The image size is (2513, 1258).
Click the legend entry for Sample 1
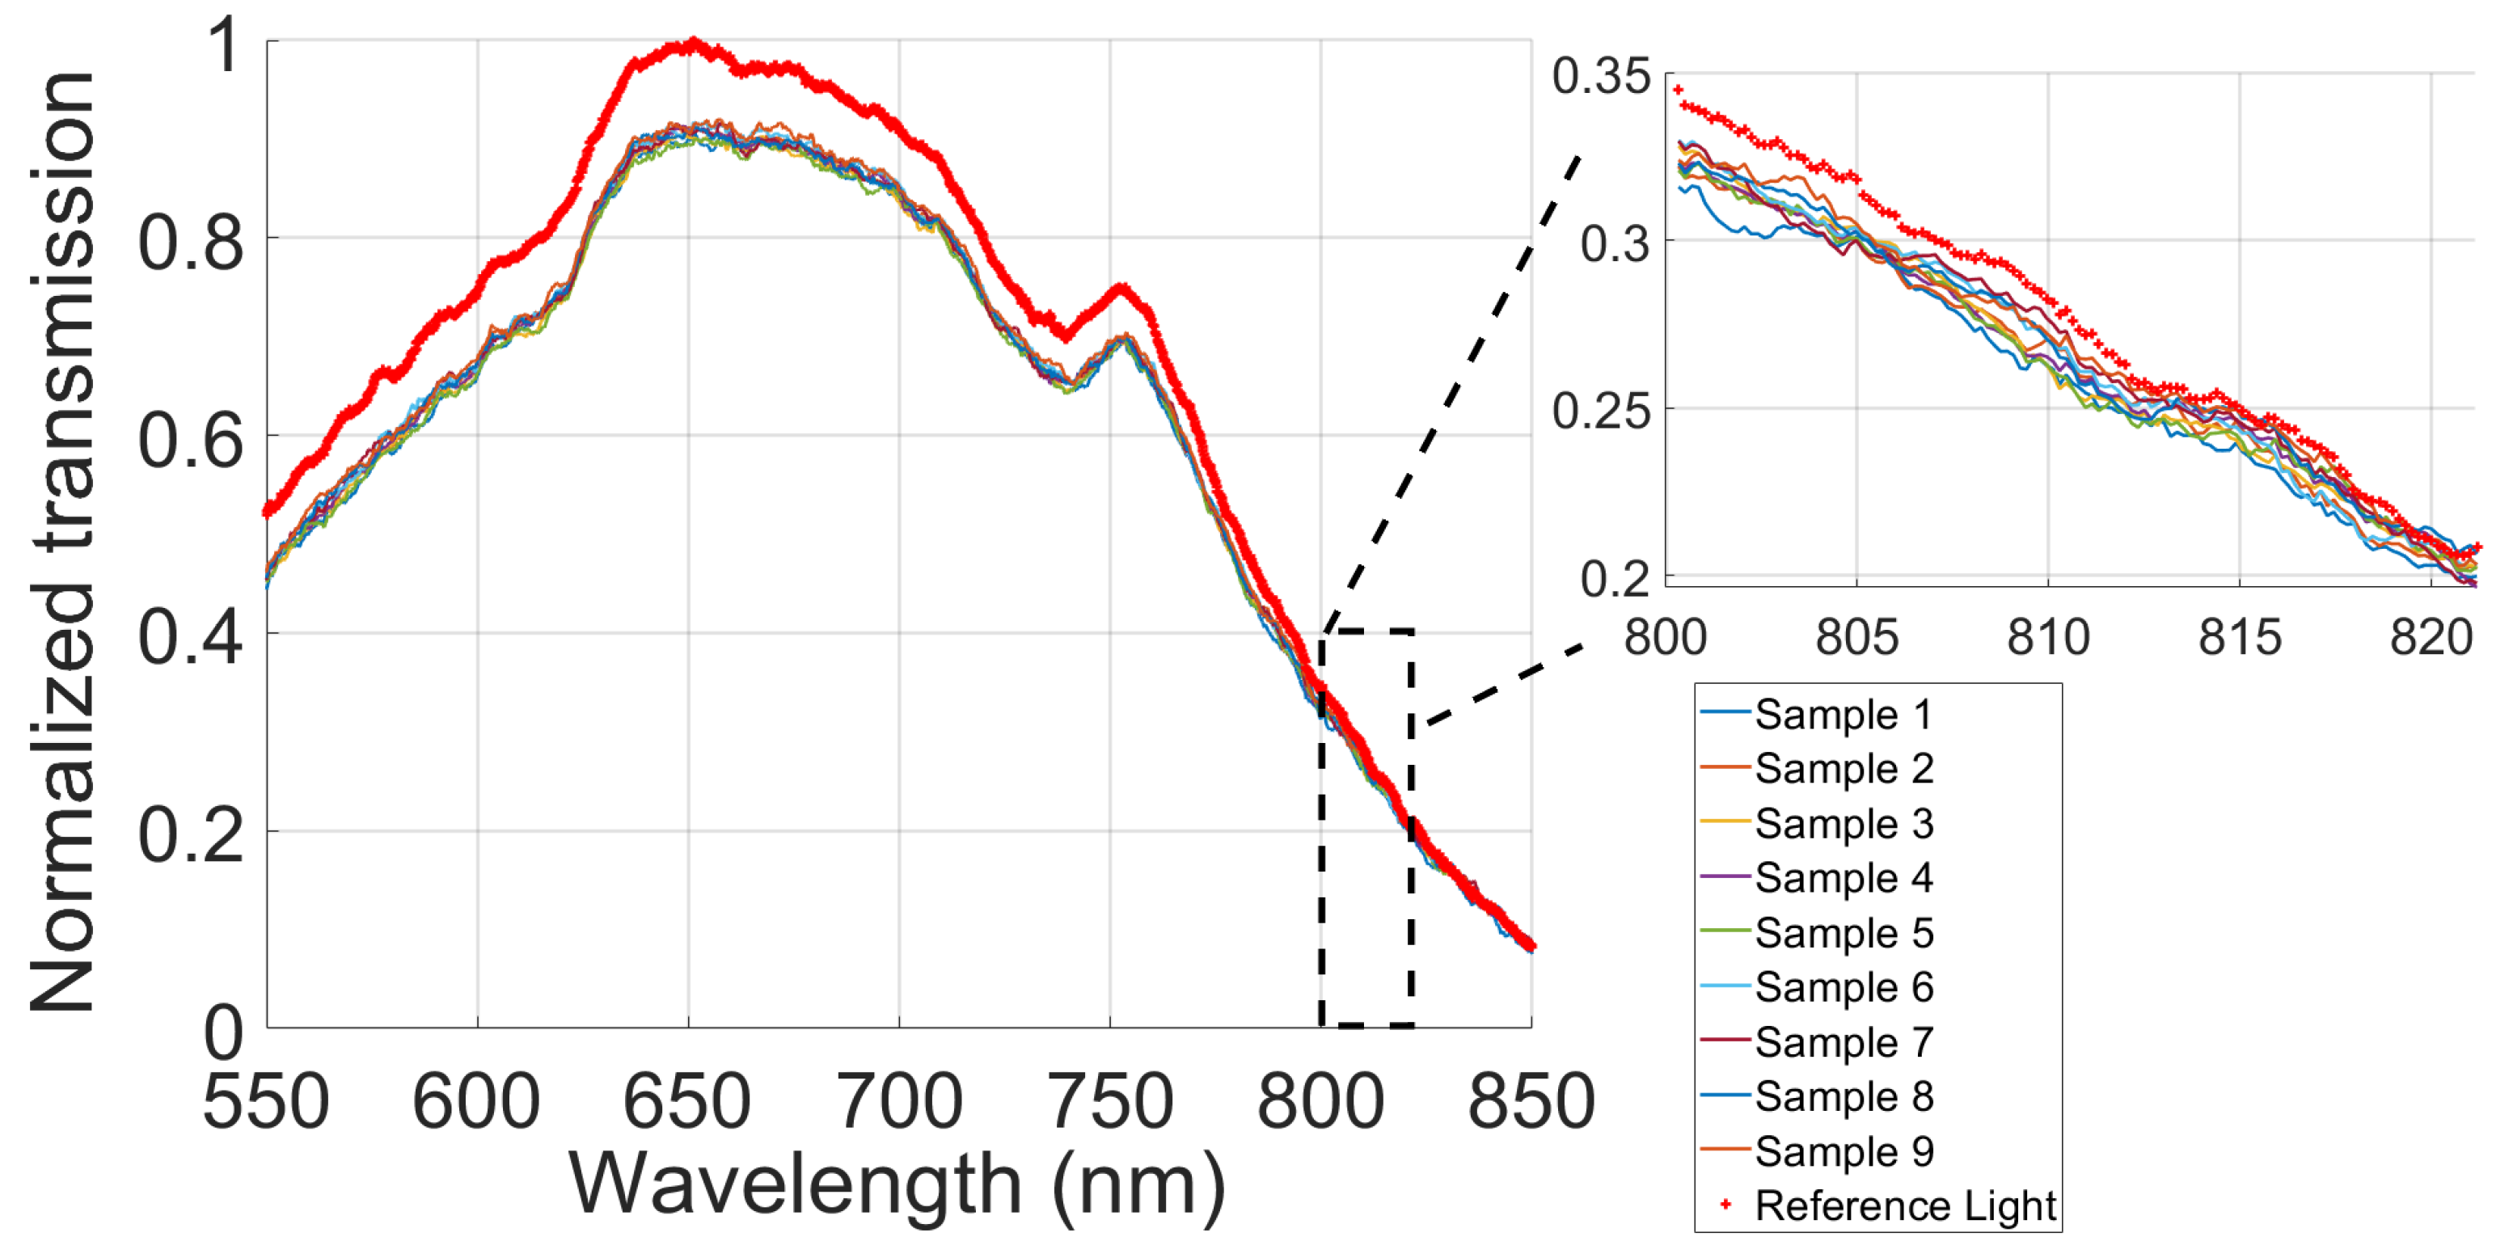point(1842,715)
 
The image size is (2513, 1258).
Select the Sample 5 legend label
point(1842,933)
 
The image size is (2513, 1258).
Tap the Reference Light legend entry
point(1903,1206)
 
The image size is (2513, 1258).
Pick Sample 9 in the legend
point(1842,1152)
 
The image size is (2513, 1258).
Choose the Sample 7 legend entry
point(1842,1042)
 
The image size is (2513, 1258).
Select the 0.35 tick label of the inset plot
point(1601,76)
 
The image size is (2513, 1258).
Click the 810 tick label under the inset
point(2047,639)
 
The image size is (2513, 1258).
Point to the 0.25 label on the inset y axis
point(1601,411)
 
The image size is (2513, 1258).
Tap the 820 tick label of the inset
point(2430,639)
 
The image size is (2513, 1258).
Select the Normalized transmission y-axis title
point(62,541)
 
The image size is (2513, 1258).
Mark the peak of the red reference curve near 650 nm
point(693,43)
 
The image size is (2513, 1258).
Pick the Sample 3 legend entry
point(1842,824)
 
